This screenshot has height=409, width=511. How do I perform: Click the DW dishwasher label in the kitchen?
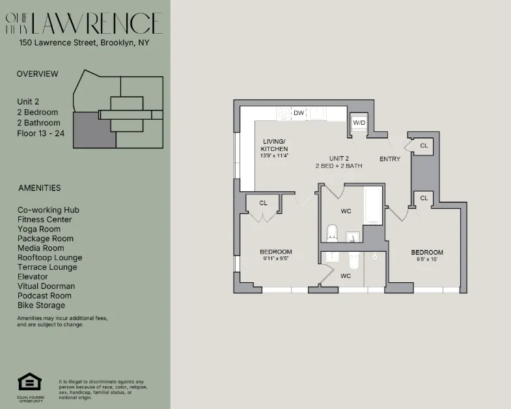pyautogui.click(x=299, y=113)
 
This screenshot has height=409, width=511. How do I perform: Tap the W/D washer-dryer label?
pyautogui.click(x=359, y=123)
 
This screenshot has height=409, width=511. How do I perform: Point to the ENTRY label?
pyautogui.click(x=390, y=159)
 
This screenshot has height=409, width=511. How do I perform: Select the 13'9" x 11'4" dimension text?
pyautogui.click(x=274, y=156)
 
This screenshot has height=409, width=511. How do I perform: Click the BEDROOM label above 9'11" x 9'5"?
pyautogui.click(x=275, y=252)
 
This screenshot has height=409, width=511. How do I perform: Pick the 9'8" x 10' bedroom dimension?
pyautogui.click(x=426, y=260)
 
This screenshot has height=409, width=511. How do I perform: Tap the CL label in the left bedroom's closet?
pyautogui.click(x=263, y=203)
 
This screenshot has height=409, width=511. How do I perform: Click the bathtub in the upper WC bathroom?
pyautogui.click(x=374, y=205)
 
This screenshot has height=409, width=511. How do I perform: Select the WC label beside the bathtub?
pyautogui.click(x=346, y=211)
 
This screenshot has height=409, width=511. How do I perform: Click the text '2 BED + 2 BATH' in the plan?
pyautogui.click(x=338, y=166)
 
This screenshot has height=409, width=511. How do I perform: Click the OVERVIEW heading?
pyautogui.click(x=37, y=74)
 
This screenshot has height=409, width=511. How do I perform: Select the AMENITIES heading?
pyautogui.click(x=39, y=188)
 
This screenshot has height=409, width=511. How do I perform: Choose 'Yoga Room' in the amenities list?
pyautogui.click(x=39, y=229)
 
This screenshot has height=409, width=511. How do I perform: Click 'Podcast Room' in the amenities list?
pyautogui.click(x=44, y=295)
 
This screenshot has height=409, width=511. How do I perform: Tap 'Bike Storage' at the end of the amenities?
pyautogui.click(x=41, y=305)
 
